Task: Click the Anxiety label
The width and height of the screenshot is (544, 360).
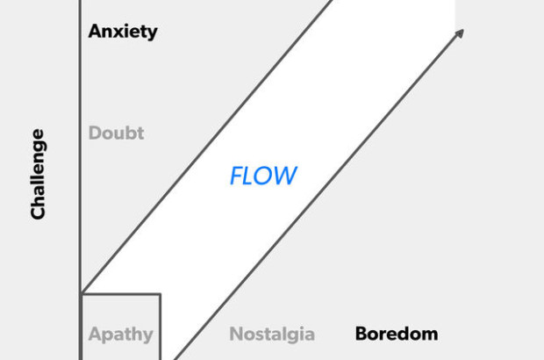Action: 123,32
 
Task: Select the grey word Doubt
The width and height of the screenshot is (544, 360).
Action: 116,133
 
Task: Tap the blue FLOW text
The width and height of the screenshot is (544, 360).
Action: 263,176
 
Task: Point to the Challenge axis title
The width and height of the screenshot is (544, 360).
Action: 38,174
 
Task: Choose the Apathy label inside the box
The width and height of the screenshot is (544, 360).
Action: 120,335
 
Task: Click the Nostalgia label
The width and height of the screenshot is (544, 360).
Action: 272,335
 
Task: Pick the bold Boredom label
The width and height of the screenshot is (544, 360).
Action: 396,335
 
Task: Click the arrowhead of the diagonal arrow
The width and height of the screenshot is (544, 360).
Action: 459,34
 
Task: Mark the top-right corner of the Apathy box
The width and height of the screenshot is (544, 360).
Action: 160,294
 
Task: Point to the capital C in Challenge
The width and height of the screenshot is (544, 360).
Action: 38,212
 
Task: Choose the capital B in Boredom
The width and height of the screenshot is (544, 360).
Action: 361,335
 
